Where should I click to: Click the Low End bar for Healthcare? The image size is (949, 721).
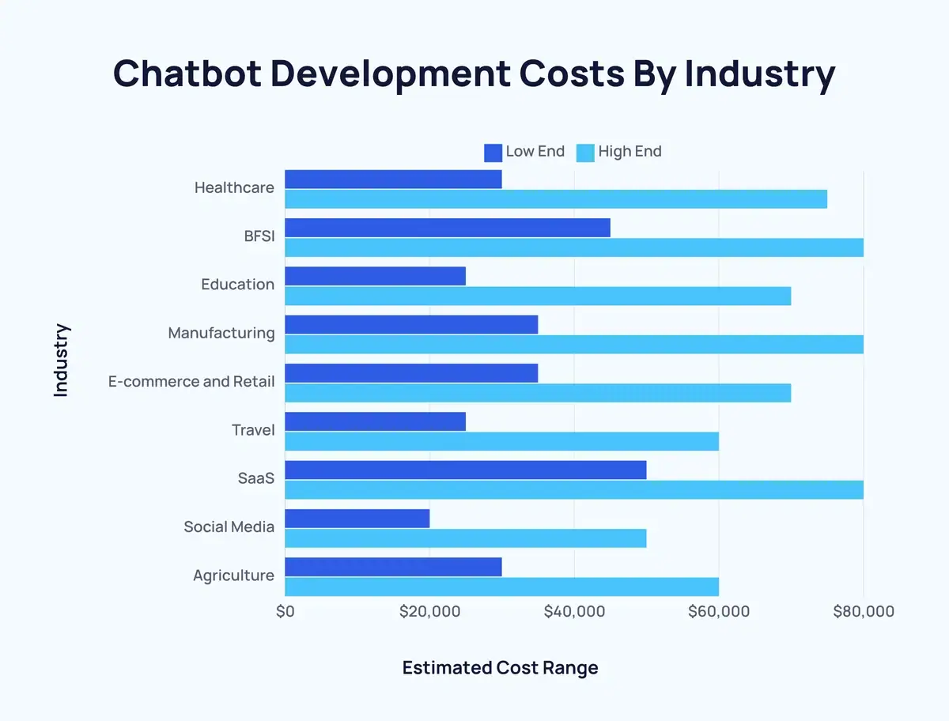click(393, 179)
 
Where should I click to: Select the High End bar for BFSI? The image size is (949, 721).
click(573, 247)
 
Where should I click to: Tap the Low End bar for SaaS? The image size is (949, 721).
click(465, 470)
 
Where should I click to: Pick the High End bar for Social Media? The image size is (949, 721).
click(465, 538)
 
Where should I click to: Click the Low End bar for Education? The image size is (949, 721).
click(375, 276)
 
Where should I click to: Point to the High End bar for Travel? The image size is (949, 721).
click(501, 441)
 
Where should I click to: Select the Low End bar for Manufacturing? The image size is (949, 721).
click(411, 325)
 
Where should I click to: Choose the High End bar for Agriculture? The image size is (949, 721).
click(501, 587)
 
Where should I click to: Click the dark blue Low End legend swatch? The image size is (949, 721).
click(493, 152)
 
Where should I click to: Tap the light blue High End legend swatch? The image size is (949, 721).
click(585, 152)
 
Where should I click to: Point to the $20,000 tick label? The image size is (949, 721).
click(429, 611)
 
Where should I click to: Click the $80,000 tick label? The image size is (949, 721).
click(864, 611)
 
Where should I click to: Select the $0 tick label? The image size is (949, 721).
click(285, 611)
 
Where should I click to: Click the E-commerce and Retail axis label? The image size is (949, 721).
click(191, 382)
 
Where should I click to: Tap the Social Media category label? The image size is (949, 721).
click(229, 527)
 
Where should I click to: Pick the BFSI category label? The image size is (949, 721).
click(259, 236)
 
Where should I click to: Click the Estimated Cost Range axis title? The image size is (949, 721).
click(500, 667)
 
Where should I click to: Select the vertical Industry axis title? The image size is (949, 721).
click(62, 360)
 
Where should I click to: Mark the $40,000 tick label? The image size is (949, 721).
click(574, 611)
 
